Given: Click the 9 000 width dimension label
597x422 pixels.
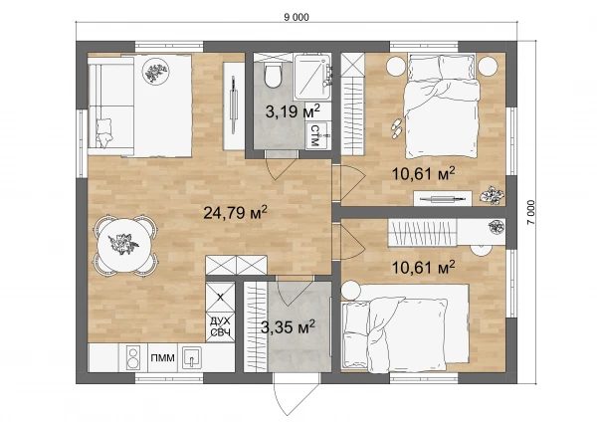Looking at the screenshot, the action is pos(297,17).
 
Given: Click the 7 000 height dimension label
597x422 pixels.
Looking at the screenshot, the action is pos(530,212).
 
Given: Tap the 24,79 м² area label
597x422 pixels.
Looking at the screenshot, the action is pos(235,212).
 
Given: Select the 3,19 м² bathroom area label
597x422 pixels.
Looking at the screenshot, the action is pos(293,110).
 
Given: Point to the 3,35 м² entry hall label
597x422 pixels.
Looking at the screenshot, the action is pos(288,326).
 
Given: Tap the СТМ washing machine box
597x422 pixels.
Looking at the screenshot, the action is pos(316,135).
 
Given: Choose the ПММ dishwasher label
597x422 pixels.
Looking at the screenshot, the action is pos(162,358).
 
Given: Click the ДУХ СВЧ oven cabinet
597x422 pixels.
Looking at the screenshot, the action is pos(220,326).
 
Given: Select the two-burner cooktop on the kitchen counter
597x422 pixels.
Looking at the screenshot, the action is pos(133,358).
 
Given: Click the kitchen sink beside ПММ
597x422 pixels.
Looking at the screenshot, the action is pos(191,357).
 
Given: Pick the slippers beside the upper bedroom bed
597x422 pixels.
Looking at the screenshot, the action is pos(397,127).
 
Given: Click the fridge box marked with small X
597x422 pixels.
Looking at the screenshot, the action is pos(220,297).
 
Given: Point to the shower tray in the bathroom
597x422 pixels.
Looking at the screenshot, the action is pos(312,77).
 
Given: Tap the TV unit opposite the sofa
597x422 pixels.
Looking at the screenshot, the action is pos(234,105).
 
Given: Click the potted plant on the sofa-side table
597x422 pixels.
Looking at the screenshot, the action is pos(155,72).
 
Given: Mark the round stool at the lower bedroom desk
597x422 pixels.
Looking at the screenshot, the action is pos(482,250).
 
